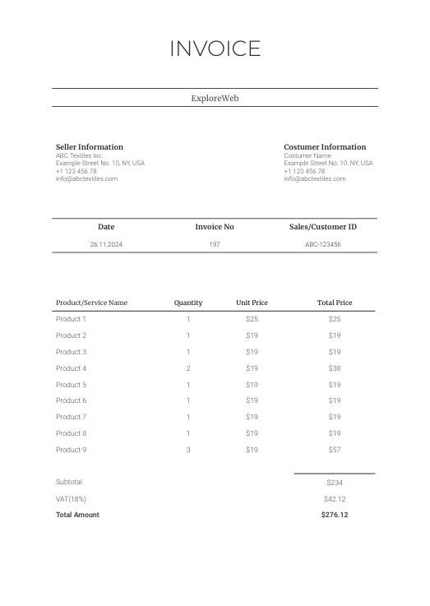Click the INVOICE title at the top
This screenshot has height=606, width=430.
[x=215, y=49]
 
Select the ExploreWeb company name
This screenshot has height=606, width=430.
[x=215, y=98]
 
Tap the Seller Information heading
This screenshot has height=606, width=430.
[x=89, y=147]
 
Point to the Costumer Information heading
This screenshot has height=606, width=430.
[x=325, y=147]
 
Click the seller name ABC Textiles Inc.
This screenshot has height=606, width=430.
[x=79, y=155]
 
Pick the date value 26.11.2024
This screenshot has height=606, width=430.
[x=106, y=244]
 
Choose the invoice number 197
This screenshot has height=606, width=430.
[x=215, y=244]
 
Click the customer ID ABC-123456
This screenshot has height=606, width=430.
[x=323, y=244]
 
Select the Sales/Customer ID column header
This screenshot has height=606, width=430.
[x=323, y=227]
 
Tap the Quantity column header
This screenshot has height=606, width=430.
[x=188, y=303]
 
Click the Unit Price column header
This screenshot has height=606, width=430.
[x=252, y=303]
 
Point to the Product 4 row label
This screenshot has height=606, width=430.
[x=71, y=368]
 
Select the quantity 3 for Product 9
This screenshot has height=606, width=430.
[x=188, y=450]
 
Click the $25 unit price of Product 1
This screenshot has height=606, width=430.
[x=252, y=319]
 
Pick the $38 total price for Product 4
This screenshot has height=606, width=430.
[x=335, y=368]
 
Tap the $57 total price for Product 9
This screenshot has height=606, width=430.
[x=335, y=450]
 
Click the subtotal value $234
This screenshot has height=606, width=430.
[x=335, y=483]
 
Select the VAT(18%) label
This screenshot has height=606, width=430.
[x=71, y=499]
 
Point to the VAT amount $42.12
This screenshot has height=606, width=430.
[x=335, y=499]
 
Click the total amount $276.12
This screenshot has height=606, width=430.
[x=335, y=516]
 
